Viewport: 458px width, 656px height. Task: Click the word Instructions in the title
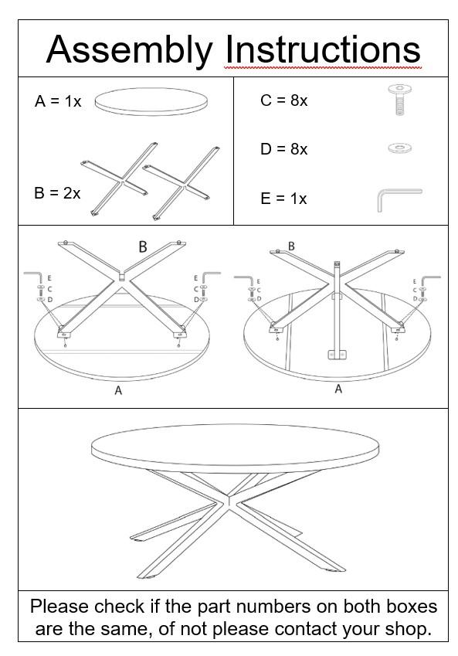(323, 49)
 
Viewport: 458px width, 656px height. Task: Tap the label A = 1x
(58, 101)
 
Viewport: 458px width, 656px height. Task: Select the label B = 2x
(57, 193)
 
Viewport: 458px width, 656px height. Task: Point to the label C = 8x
(283, 100)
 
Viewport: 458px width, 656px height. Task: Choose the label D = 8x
(283, 149)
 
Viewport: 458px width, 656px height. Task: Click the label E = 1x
(283, 199)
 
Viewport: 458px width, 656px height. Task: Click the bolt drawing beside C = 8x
(399, 100)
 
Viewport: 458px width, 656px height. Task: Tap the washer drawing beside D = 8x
(399, 148)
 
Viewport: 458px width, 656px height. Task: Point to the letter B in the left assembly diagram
(143, 247)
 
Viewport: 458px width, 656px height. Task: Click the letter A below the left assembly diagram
(118, 391)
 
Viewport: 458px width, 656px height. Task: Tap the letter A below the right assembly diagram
(338, 389)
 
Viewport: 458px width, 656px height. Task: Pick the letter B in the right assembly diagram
(291, 246)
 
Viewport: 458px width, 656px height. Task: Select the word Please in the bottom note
(60, 607)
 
